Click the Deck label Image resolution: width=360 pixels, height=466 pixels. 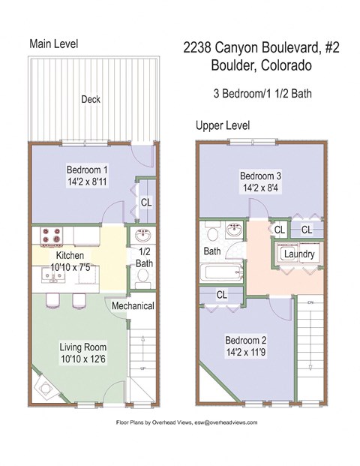tap(91, 98)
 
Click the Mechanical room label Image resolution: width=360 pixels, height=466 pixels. tap(133, 306)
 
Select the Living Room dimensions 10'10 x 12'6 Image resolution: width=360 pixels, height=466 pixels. tap(83, 359)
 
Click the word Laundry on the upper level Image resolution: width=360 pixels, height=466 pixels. tap(298, 254)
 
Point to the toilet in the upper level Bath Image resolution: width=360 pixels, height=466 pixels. tap(209, 231)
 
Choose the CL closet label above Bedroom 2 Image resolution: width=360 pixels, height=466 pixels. tap(220, 295)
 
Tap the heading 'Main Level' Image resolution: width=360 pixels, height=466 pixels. tap(53, 44)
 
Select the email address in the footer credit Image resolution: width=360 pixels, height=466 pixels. tap(224, 423)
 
